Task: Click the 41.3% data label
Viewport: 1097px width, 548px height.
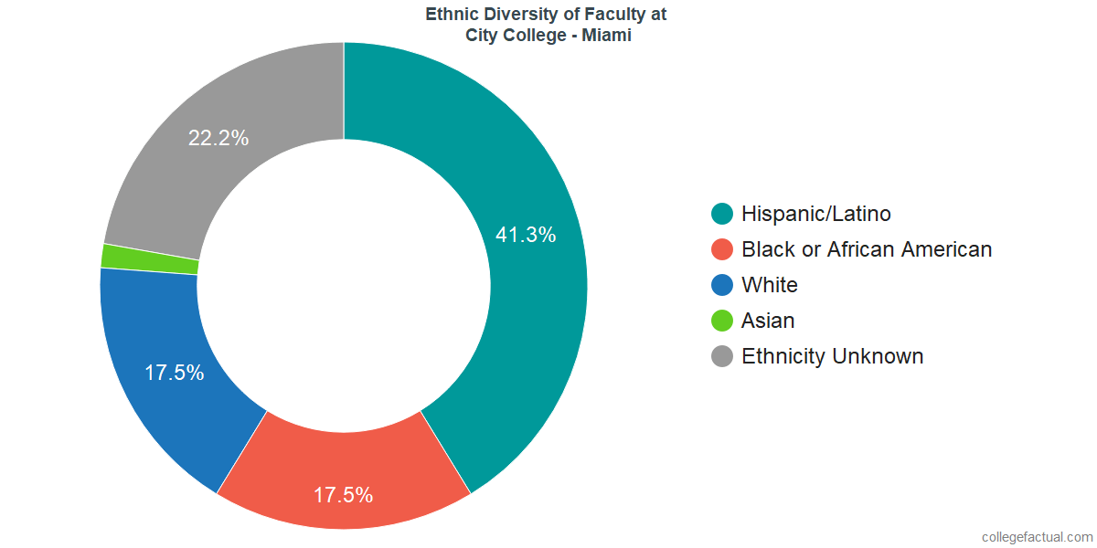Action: (x=526, y=235)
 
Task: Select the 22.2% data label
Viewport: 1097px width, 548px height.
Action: (x=218, y=138)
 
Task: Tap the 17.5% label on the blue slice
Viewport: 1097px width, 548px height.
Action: (x=174, y=373)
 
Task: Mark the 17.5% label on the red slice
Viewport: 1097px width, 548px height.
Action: (x=343, y=495)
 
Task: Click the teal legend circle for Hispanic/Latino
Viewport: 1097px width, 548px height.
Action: (x=722, y=214)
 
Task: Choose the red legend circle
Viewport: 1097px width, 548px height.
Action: (x=722, y=249)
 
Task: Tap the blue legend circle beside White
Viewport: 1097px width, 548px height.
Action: (x=722, y=285)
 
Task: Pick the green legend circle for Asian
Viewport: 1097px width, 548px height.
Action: (x=722, y=321)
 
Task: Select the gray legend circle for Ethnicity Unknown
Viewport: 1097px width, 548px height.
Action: (x=722, y=356)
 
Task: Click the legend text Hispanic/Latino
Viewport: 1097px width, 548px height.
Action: (x=815, y=214)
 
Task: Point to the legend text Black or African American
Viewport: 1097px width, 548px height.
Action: (x=866, y=249)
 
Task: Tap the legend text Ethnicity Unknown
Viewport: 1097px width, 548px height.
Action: (x=832, y=356)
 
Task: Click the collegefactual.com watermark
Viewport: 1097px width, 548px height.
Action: (x=1036, y=536)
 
